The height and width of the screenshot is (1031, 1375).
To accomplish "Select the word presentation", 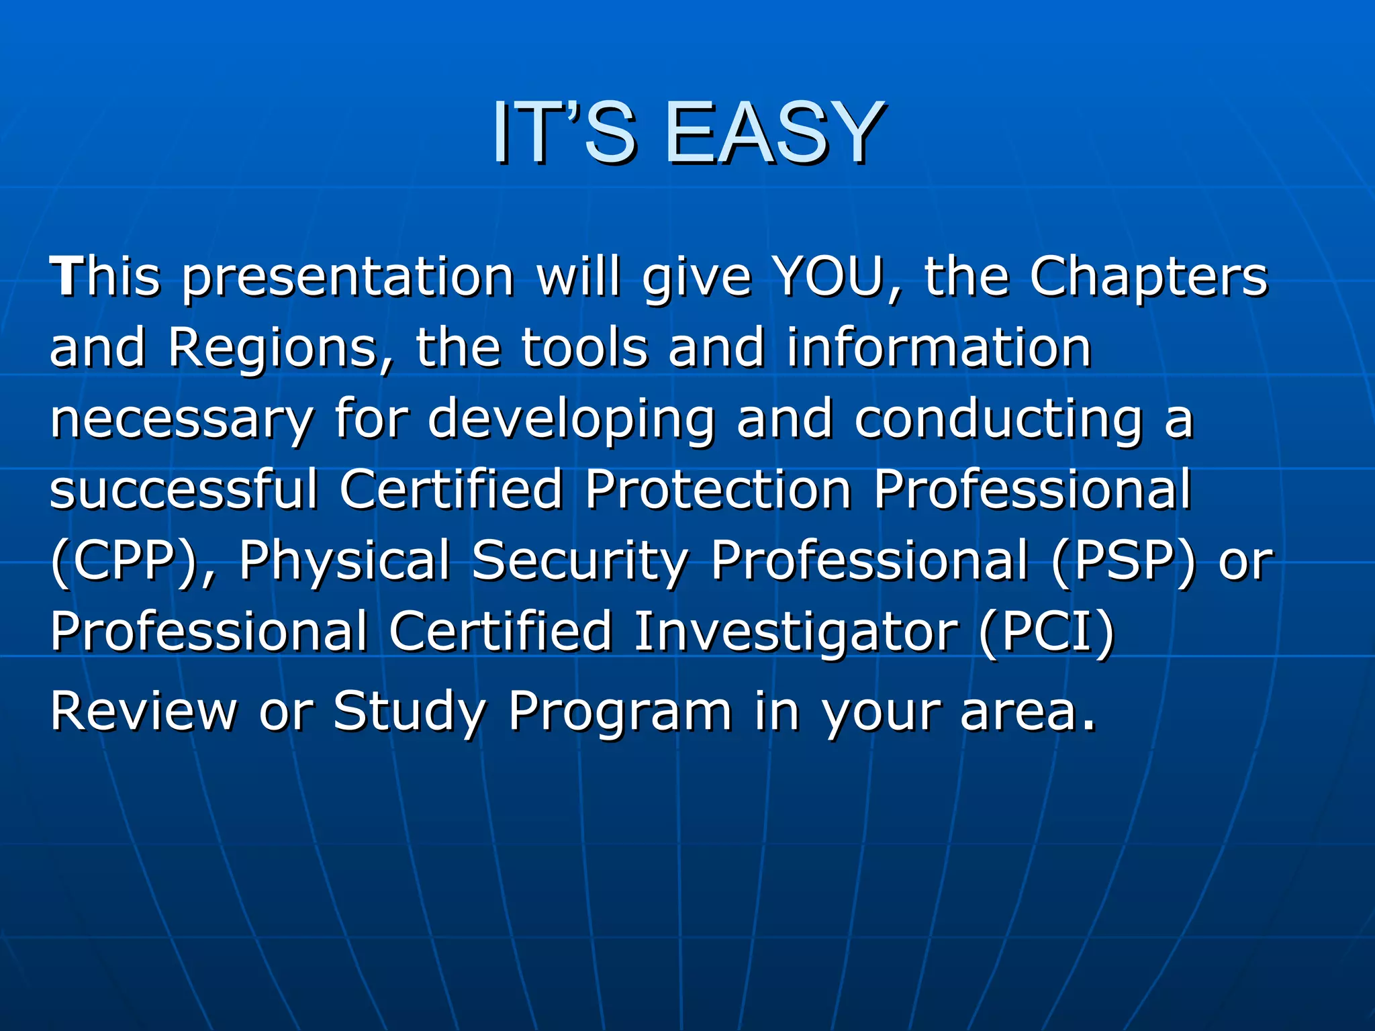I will coord(348,278).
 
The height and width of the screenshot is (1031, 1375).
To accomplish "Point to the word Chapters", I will coord(1149,278).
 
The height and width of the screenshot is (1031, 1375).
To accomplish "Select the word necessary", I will coord(182,420).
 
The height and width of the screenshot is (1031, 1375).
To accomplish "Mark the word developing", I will coord(571,420).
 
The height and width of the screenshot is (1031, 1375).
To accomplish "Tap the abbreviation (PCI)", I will coord(1046,632).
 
